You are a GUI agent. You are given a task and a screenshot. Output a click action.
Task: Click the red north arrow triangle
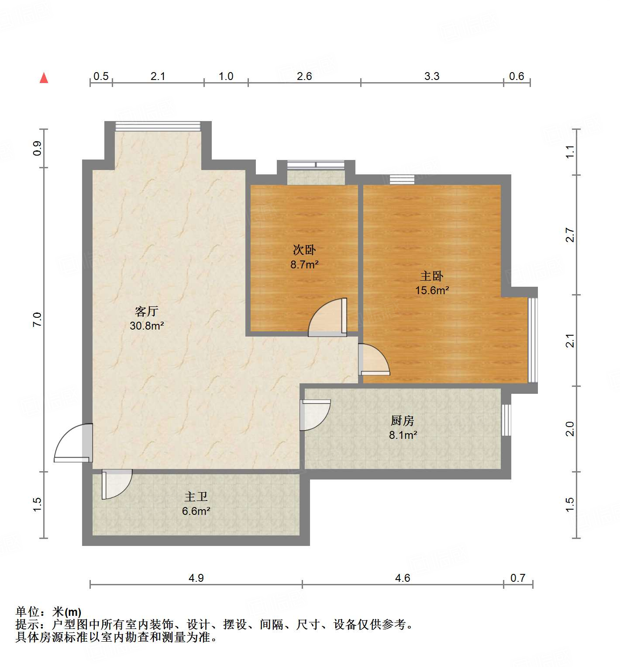coord(44,78)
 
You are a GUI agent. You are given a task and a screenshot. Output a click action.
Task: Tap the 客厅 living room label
coord(146,311)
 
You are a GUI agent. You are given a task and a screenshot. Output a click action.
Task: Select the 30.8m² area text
coord(147,326)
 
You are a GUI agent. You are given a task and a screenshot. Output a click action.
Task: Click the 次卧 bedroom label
coord(304,250)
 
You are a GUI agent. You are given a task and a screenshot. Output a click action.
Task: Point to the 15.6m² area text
coord(432,290)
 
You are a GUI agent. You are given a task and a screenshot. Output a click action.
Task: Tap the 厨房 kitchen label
coord(402,420)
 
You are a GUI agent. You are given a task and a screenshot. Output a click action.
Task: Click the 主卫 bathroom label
coord(196,497)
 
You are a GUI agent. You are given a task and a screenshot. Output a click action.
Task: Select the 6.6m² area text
coord(196,511)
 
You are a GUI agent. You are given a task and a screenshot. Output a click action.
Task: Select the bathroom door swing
coord(116,484)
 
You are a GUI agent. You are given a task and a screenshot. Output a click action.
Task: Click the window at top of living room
coord(158,126)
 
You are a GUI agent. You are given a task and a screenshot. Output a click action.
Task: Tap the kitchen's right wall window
coord(506,420)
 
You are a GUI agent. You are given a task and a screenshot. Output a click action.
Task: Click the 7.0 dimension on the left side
coord(37,320)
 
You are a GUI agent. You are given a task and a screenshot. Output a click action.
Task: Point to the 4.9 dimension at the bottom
coord(196,578)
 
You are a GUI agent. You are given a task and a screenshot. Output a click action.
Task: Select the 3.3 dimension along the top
coord(432,76)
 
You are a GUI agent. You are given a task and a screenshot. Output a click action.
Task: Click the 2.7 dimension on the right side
coord(570,235)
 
